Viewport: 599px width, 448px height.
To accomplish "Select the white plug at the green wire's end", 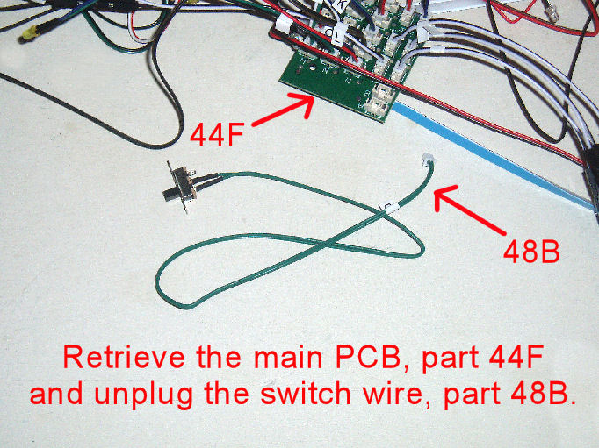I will click(x=427, y=163).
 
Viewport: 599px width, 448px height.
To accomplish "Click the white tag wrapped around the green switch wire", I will click(x=386, y=209).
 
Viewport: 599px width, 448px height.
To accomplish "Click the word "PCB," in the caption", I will click(x=351, y=359).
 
